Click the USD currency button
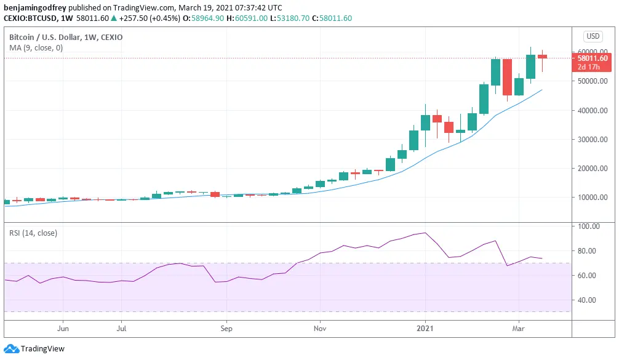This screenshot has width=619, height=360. (x=593, y=36)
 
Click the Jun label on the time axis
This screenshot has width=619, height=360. (x=63, y=329)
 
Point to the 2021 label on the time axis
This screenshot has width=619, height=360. (x=425, y=329)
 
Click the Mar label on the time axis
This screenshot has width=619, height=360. (x=518, y=329)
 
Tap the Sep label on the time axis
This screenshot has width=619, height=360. (x=226, y=329)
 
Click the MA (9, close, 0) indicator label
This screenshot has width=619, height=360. (x=36, y=48)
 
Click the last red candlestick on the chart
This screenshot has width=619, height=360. (x=542, y=57)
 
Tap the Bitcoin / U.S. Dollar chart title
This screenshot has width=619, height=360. (x=65, y=38)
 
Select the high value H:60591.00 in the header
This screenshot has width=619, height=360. (x=247, y=18)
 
